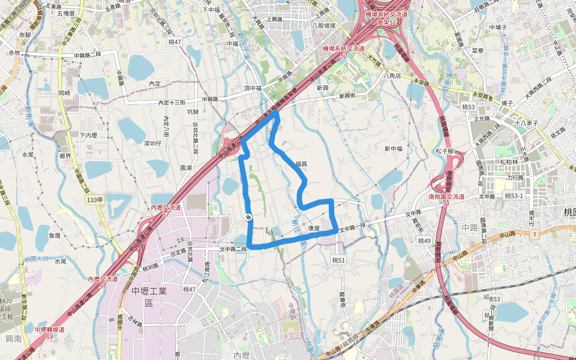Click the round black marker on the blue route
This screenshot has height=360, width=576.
click(248, 217)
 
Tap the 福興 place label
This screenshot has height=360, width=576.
click(301, 163)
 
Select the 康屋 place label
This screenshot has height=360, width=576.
click(314, 229)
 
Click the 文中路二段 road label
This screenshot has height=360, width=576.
click(233, 249)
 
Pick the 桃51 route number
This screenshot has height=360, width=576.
click(339, 260)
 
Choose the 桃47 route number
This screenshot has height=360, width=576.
click(190, 289)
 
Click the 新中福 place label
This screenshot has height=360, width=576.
click(394, 149)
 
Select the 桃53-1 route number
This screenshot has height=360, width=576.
click(514, 196)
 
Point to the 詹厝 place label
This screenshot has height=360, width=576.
click(54, 236)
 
